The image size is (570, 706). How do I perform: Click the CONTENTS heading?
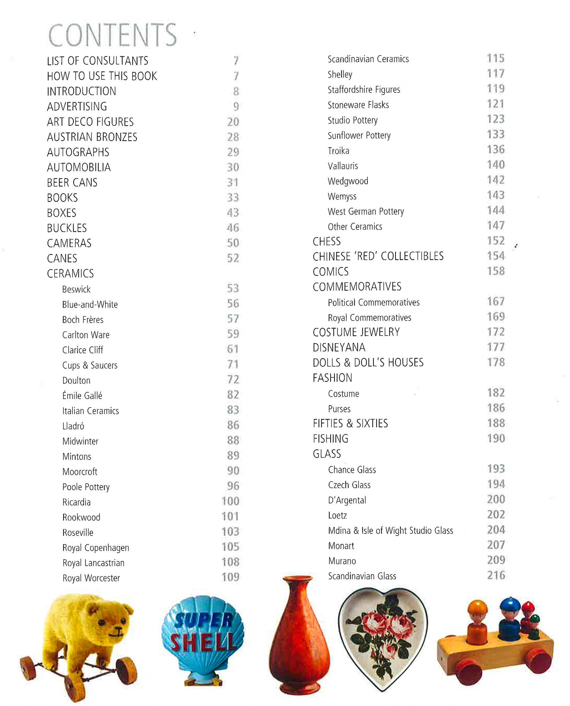(x=112, y=35)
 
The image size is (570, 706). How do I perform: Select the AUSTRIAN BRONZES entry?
(x=92, y=137)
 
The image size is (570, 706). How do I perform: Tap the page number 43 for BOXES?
(x=233, y=213)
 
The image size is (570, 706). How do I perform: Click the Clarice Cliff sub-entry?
(x=82, y=350)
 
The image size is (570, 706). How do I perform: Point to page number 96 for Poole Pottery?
(x=233, y=486)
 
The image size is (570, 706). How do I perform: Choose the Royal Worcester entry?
(x=91, y=578)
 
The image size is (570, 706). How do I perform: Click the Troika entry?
(x=338, y=151)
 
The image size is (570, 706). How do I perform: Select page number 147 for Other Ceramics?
(x=496, y=226)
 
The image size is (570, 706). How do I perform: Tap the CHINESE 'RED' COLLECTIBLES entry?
(x=378, y=256)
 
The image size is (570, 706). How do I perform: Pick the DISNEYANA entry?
(x=339, y=348)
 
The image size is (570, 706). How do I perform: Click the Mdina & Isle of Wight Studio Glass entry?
(x=390, y=530)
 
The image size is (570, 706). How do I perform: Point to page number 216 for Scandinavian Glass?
(x=496, y=575)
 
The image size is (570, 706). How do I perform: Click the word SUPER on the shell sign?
(x=203, y=620)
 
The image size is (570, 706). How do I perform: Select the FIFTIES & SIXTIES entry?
(x=350, y=424)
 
